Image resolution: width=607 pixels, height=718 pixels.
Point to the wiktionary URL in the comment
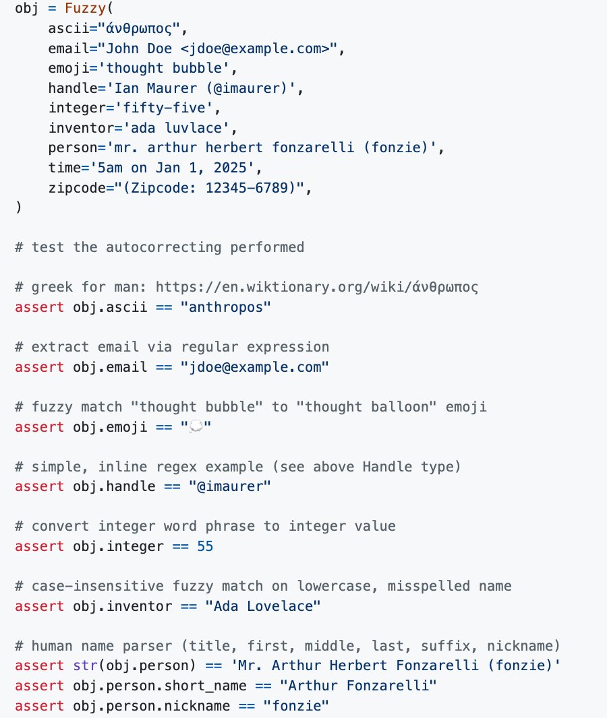tap(317, 288)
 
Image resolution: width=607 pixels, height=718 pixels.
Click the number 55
tap(205, 546)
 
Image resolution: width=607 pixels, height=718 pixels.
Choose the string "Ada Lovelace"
tap(263, 606)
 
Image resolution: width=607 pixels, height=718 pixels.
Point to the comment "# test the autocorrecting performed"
tap(159, 247)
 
